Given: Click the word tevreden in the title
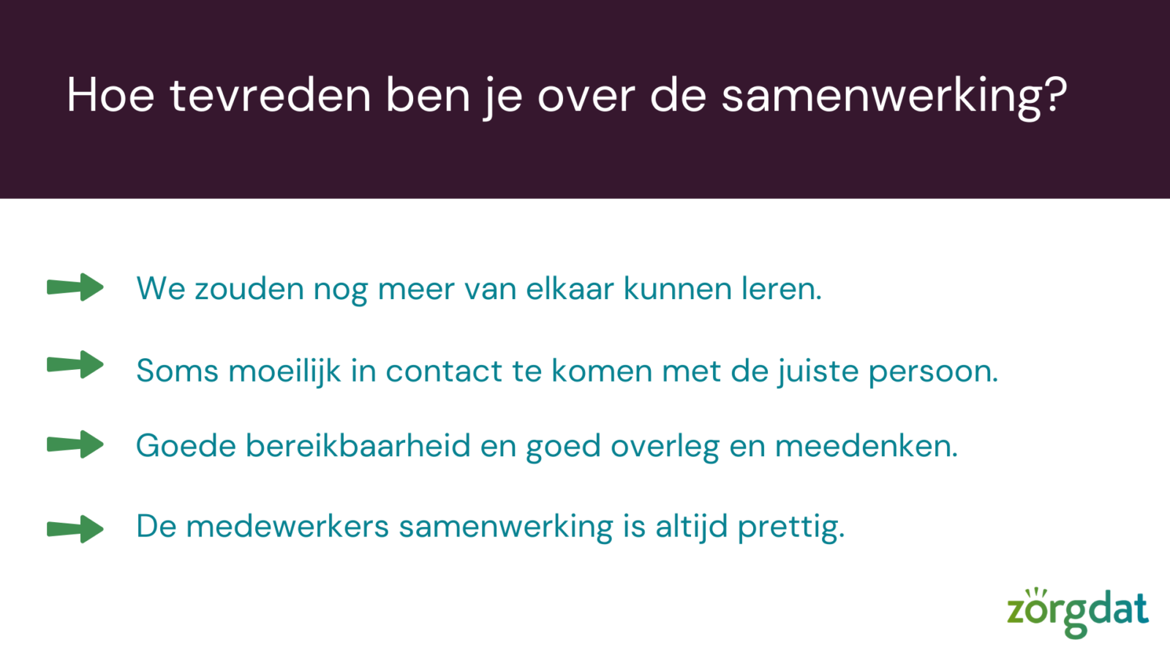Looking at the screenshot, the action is tap(270, 95).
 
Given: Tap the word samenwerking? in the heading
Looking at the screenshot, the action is tap(894, 98).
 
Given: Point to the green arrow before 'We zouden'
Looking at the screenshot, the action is tap(75, 287).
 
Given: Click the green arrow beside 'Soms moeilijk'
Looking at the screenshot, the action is tap(75, 364).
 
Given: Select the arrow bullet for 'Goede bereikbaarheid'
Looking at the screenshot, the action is tap(75, 445).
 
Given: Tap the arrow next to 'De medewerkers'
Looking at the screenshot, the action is tap(75, 529).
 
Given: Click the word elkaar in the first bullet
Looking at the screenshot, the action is tap(570, 288).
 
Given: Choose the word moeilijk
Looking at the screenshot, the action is tap(284, 371).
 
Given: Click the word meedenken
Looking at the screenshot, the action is tap(867, 446).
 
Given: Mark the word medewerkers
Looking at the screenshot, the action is tap(287, 526).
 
